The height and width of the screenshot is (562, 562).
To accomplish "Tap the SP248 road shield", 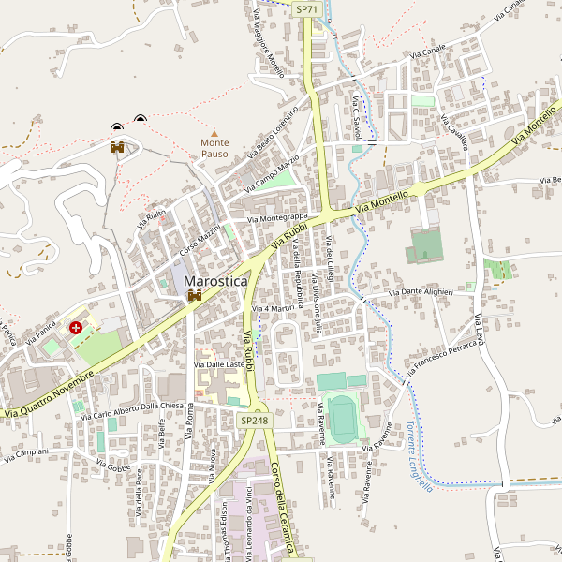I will [x=254, y=421].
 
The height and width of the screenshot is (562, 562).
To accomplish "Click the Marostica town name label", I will [x=216, y=280].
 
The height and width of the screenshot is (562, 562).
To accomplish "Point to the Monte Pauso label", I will [x=214, y=148].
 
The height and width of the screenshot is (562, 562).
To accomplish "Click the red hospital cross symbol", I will [x=76, y=329].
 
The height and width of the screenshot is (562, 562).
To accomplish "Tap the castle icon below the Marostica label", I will [x=195, y=296].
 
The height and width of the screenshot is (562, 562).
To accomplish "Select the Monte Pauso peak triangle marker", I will [x=214, y=133].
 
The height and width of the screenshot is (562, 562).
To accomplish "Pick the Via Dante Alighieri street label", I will [x=413, y=292].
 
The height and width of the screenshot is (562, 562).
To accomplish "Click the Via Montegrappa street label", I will [x=277, y=218].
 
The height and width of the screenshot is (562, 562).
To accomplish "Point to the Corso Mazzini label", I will [x=200, y=240].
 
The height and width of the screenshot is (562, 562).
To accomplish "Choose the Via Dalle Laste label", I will [x=218, y=363].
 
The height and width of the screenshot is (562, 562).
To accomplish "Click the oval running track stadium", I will [x=341, y=417].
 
